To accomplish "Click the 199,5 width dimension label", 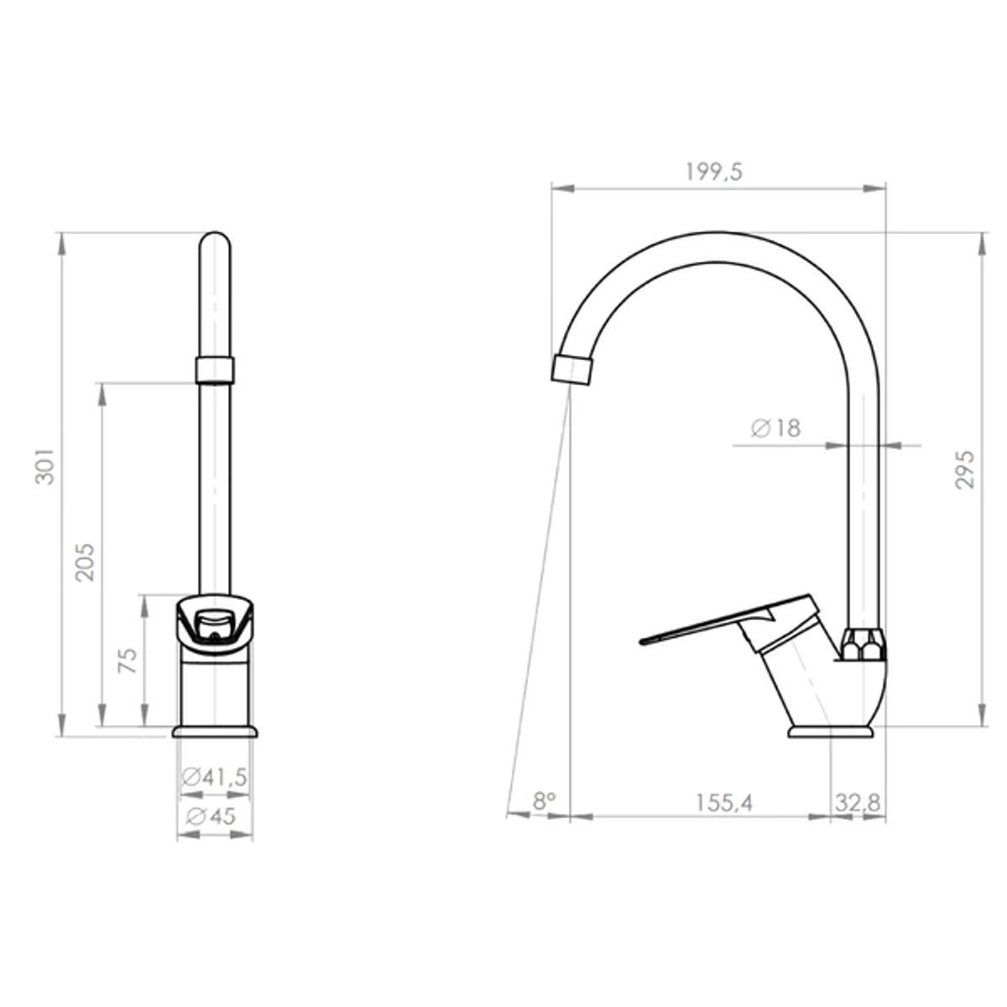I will (x=714, y=172).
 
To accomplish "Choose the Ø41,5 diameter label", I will (x=215, y=777).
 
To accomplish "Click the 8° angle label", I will (x=545, y=801).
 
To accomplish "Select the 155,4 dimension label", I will (x=723, y=802).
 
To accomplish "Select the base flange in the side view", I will (x=832, y=733).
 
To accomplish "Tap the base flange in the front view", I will (x=215, y=733).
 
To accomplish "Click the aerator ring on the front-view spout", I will (x=215, y=369).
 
